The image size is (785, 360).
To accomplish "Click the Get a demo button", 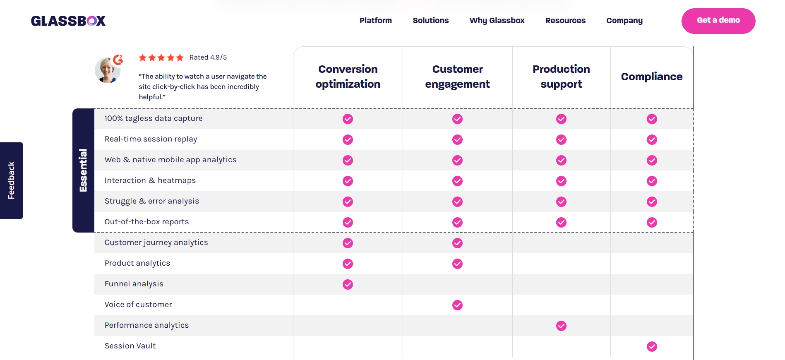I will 718,21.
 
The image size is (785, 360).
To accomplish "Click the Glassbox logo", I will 68,21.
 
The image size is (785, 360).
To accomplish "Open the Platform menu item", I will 375,21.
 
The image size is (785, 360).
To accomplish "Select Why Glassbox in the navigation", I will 497,21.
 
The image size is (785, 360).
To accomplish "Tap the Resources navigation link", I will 565,21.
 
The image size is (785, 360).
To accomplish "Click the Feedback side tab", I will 11,180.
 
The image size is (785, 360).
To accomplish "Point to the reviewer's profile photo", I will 108,70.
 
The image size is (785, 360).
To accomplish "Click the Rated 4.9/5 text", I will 208,58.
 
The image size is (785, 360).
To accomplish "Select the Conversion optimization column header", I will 348,77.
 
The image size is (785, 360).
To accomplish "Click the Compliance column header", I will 651,77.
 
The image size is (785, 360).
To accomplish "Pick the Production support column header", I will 561,77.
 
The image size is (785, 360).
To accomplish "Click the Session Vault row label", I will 130,346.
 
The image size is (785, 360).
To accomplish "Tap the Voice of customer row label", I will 138,305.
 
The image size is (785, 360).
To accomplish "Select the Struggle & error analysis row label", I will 151,201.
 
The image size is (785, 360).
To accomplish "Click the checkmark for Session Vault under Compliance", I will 652,346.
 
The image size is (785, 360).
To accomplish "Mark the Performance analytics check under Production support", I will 561,326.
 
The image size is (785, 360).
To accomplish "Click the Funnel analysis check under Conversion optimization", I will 348,284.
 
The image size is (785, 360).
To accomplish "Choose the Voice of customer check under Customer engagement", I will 457,305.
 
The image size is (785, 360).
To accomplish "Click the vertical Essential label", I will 83,170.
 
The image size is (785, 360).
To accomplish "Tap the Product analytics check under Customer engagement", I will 457,264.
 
